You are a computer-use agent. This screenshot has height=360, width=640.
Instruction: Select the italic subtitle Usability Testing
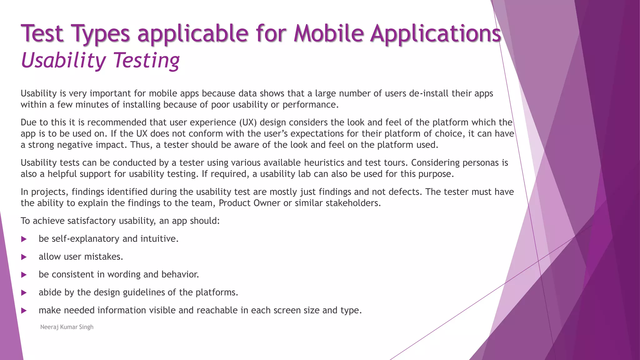pos(100,60)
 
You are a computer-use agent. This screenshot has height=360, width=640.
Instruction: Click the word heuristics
pos(324,163)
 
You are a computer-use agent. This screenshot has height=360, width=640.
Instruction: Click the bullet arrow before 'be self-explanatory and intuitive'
pos(24,239)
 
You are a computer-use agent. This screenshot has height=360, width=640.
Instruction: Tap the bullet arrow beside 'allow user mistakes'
pos(24,257)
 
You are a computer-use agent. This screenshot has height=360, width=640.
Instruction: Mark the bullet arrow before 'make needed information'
pos(24,311)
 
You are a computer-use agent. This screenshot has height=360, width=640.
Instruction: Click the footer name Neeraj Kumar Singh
pos(67,327)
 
